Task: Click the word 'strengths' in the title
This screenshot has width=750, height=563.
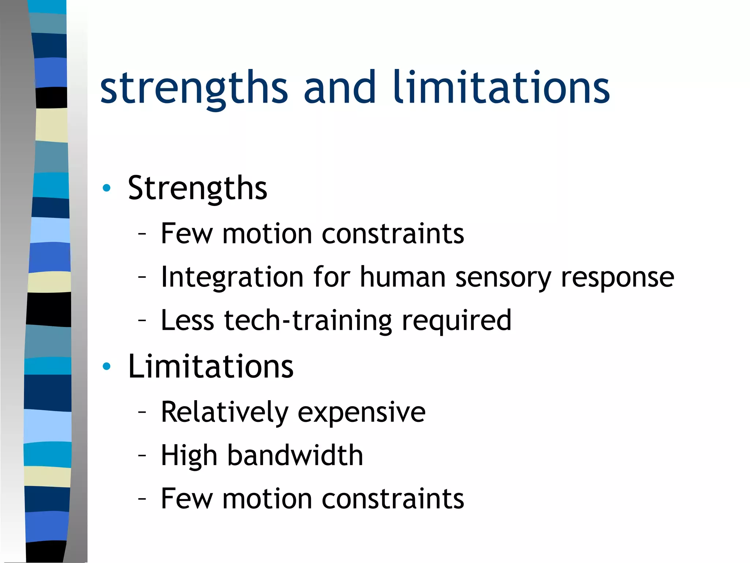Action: coord(194,88)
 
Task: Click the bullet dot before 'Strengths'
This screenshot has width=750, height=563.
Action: coord(107,188)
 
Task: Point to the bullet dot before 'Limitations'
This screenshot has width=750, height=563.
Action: coord(107,366)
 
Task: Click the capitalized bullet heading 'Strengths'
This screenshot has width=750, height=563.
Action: coord(197,188)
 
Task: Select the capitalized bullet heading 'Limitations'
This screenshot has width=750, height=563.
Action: coord(211,366)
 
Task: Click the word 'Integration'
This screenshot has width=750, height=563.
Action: coord(232,277)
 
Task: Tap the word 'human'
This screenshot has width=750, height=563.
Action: coord(402,277)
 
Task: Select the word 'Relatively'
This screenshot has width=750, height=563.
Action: coord(224,412)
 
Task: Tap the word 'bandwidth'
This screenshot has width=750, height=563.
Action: coord(295,455)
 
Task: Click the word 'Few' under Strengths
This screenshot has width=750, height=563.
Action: coord(186,233)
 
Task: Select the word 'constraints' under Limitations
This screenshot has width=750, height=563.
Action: coord(393,499)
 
